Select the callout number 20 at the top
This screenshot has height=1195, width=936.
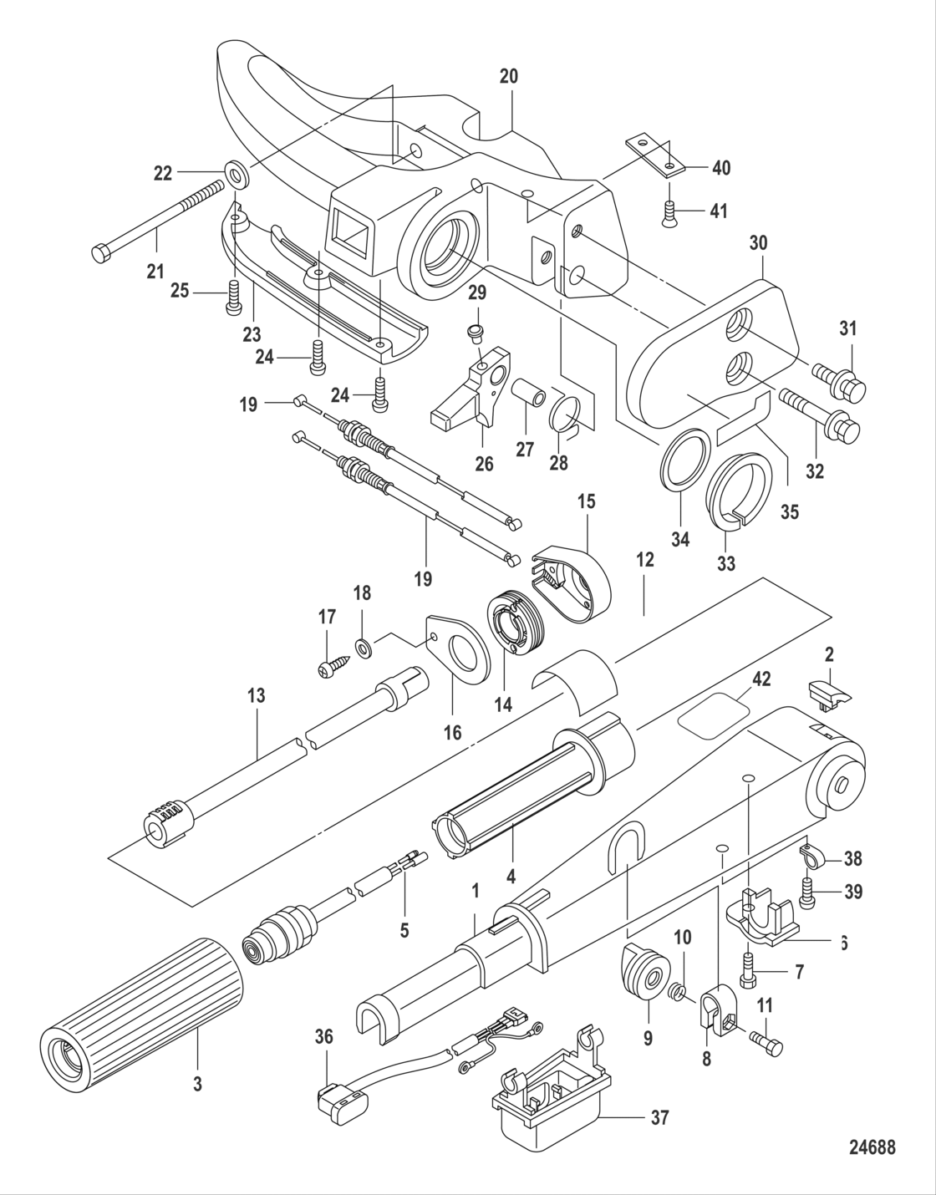(x=509, y=77)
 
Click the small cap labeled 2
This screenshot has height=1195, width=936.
(x=828, y=693)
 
